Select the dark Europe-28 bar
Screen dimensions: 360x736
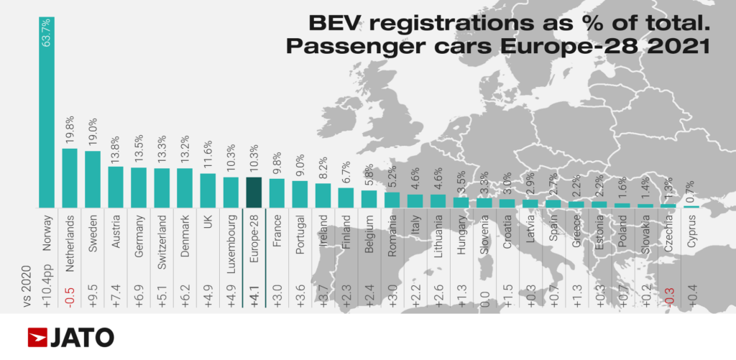(254, 193)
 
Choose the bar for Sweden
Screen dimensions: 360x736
(93, 179)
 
